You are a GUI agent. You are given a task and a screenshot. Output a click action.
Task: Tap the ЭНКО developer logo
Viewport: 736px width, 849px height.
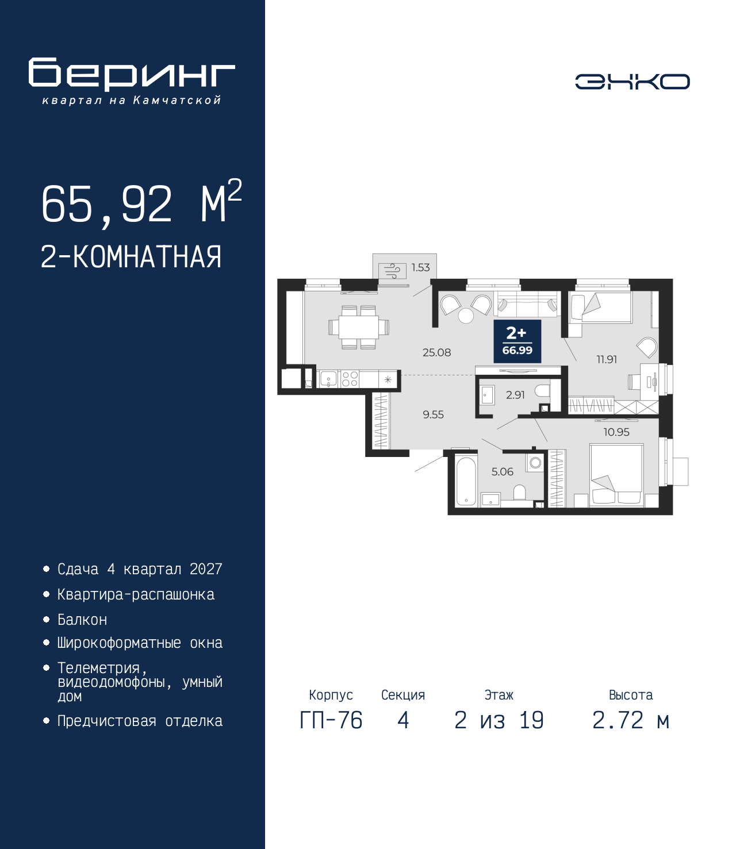pyautogui.click(x=632, y=81)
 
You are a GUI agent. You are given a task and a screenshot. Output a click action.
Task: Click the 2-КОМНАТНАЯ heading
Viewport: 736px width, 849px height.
pyautogui.click(x=131, y=257)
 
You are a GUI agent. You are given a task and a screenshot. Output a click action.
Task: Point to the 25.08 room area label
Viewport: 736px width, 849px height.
pyautogui.click(x=436, y=352)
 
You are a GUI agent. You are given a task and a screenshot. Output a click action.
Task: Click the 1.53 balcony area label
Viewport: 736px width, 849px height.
pyautogui.click(x=420, y=267)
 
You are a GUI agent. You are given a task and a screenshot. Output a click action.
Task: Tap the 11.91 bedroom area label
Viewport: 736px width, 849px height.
pyautogui.click(x=607, y=359)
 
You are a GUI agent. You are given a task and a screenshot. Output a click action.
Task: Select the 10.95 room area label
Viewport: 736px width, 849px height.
pyautogui.click(x=616, y=432)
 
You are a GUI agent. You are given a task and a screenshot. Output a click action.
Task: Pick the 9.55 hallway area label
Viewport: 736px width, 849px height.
pyautogui.click(x=433, y=414)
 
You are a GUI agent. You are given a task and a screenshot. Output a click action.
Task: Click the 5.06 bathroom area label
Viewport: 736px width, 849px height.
pyautogui.click(x=502, y=471)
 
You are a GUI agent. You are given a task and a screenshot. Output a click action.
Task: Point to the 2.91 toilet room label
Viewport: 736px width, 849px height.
pyautogui.click(x=515, y=395)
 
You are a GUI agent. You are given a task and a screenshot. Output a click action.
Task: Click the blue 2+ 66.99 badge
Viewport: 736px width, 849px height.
pyautogui.click(x=517, y=341)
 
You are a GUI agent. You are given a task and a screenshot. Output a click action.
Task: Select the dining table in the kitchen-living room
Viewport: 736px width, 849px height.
pyautogui.click(x=358, y=328)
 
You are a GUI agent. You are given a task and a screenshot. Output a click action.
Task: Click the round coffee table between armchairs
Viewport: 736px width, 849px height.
pyautogui.click(x=466, y=316)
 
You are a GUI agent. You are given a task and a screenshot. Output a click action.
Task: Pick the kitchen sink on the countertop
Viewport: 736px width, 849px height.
pyautogui.click(x=328, y=378)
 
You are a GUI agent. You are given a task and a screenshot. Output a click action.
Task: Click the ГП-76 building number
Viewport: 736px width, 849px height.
pyautogui.click(x=331, y=720)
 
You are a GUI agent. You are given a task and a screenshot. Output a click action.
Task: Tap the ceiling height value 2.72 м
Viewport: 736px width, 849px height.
pyautogui.click(x=630, y=720)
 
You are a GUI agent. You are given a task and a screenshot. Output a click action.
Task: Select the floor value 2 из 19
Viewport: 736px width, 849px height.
pyautogui.click(x=499, y=720)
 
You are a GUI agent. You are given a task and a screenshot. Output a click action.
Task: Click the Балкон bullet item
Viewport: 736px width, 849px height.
pyautogui.click(x=82, y=620)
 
